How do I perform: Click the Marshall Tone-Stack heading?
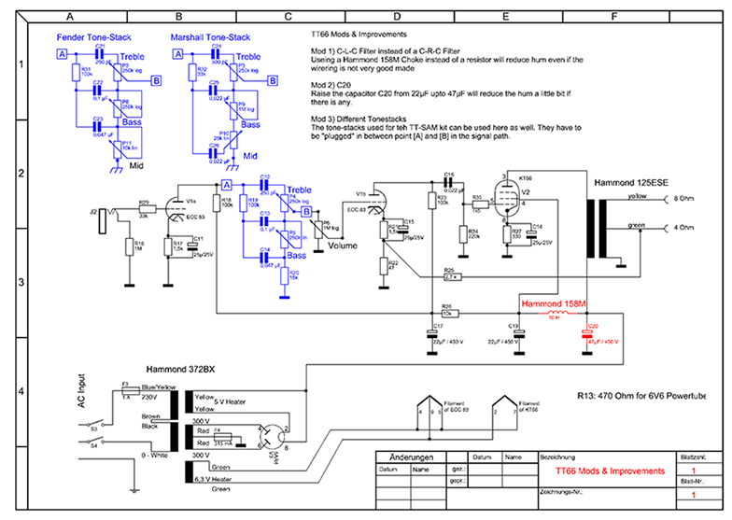pyautogui.click(x=211, y=37)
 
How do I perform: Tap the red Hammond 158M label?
pyautogui.click(x=554, y=304)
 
